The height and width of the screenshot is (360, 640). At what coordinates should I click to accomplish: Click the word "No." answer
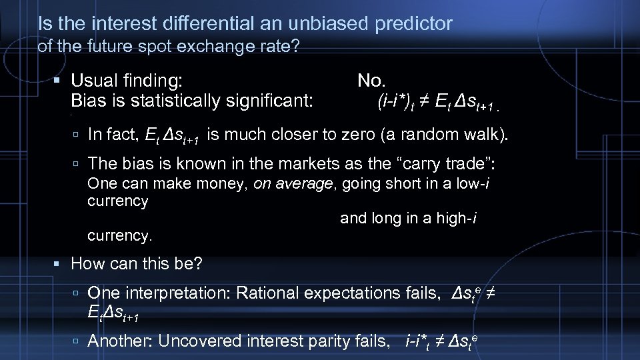tap(371, 81)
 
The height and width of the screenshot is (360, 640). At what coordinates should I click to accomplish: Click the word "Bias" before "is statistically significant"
tap(87, 101)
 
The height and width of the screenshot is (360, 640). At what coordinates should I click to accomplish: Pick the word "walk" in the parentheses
tap(481, 135)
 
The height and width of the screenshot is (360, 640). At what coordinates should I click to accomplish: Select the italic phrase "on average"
tap(293, 184)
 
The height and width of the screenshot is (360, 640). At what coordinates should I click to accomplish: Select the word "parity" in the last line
tap(318, 341)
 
